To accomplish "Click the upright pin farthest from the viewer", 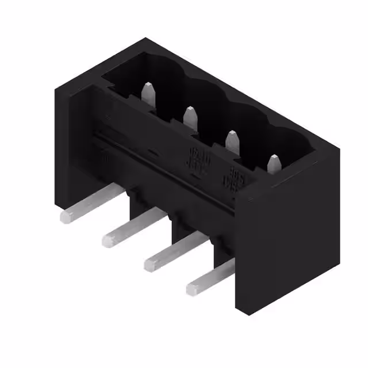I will [148, 94].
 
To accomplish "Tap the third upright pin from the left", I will [232, 142].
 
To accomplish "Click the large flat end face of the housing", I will [287, 241].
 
